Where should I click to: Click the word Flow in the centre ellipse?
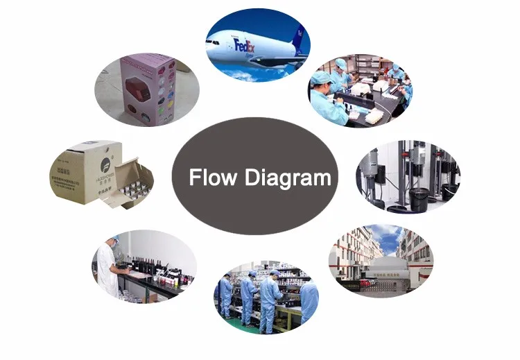[x=214, y=178]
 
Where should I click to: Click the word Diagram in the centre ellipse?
[x=288, y=178]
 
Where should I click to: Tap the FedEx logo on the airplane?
[x=246, y=46]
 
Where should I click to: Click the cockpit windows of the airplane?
[x=211, y=40]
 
